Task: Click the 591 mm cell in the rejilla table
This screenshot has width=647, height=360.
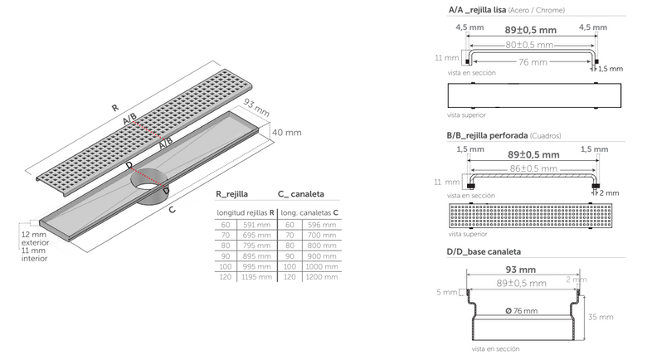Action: (256, 225)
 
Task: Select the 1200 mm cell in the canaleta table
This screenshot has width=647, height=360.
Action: (322, 276)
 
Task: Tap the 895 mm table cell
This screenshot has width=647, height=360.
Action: (256, 256)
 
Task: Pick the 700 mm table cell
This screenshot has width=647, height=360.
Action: (322, 235)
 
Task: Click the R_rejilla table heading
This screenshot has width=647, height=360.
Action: (232, 194)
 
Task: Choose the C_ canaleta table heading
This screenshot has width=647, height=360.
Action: (301, 194)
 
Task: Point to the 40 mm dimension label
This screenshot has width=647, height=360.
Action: (287, 133)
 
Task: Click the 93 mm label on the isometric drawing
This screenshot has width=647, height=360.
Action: (256, 107)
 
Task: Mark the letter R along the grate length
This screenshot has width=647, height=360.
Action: (115, 108)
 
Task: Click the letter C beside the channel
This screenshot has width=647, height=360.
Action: (172, 210)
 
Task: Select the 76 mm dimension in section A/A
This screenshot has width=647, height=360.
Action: (533, 62)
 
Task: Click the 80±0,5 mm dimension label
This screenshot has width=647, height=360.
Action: (529, 45)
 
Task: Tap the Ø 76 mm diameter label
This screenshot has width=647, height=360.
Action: (522, 311)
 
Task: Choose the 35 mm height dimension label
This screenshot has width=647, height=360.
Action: (601, 317)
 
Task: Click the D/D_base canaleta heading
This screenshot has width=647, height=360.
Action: (484, 252)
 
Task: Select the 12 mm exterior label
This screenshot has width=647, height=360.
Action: (35, 239)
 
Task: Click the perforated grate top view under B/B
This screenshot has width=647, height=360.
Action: (530, 215)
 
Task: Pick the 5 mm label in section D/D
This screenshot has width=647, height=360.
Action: (447, 292)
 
